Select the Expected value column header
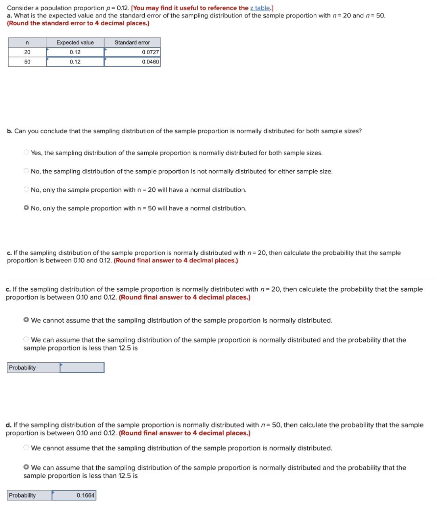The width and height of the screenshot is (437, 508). click(75, 42)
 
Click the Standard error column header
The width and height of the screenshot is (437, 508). click(132, 42)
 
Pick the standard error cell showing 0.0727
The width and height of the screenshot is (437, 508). click(132, 52)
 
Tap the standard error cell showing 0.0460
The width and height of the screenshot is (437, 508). click(132, 62)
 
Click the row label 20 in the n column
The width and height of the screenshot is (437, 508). click(27, 52)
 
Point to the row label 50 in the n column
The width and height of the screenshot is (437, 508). click(27, 62)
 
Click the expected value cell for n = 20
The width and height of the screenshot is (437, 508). click(75, 52)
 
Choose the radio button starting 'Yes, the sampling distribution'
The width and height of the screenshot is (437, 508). click(26, 152)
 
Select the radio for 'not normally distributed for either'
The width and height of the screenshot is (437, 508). click(26, 171)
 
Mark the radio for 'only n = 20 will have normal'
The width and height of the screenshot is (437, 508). click(26, 190)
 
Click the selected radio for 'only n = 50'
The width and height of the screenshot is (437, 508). click(26, 208)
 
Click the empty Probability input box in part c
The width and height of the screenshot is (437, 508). click(82, 368)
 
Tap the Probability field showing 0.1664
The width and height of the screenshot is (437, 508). click(74, 495)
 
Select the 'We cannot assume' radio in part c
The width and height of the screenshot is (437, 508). click(26, 320)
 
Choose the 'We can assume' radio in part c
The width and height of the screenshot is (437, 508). click(26, 340)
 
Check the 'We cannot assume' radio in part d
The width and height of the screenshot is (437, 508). click(26, 448)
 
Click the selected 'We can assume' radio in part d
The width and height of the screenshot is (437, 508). click(26, 468)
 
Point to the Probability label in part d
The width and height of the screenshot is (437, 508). click(22, 495)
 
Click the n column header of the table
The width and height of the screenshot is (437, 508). click(27, 42)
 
